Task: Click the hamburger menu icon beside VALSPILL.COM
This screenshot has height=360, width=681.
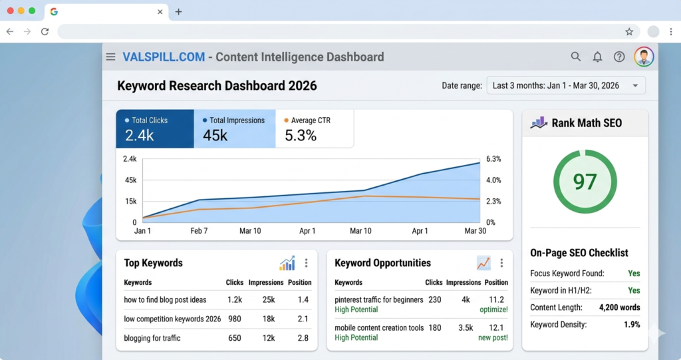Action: point(110,57)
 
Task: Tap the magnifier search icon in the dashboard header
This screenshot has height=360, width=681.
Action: point(576,57)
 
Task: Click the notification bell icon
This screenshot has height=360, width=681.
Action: point(597,57)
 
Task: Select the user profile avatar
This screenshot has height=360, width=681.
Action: point(643,57)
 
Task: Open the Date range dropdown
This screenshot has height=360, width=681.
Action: point(566,86)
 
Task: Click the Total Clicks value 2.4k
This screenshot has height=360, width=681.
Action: point(140,136)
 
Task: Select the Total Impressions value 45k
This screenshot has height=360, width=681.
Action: point(215,136)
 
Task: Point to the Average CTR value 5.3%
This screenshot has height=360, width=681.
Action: point(301,136)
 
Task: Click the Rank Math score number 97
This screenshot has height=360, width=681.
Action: point(585,182)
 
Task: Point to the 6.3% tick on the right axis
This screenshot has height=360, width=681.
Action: point(493,159)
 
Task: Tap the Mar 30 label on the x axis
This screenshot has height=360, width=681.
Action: point(476,231)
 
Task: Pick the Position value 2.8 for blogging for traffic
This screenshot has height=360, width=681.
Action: point(303,338)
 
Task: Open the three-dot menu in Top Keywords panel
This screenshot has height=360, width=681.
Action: point(306,263)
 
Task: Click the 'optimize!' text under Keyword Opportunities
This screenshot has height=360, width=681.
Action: point(493,310)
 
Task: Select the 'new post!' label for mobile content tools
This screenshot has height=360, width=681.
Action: point(493,338)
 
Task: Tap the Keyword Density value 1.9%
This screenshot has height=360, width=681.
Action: point(632,325)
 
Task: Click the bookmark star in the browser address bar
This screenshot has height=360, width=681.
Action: point(629,31)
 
